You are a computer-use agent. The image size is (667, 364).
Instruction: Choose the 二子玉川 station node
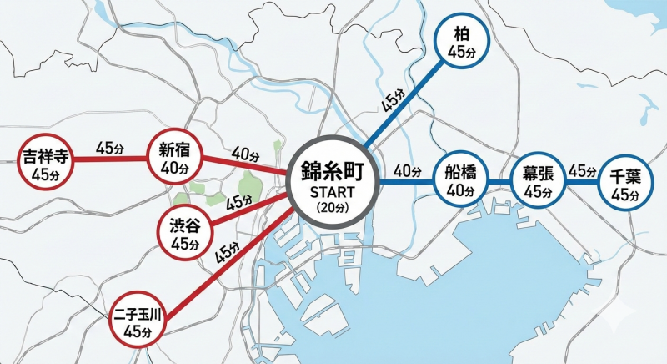click(140, 320)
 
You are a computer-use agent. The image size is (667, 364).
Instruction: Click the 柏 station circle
click(461, 43)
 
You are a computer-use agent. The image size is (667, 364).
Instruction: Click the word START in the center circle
click(332, 192)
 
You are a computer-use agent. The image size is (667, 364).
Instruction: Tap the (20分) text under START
click(332, 206)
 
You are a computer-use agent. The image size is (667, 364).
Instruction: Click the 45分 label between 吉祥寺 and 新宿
click(110, 147)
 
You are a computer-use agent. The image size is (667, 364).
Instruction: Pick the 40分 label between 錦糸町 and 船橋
click(406, 171)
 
